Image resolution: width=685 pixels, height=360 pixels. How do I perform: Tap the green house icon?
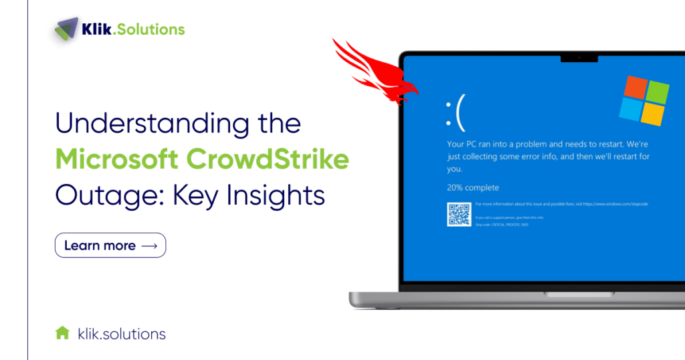pos(62,333)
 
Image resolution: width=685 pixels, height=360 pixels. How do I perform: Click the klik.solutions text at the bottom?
pos(122,333)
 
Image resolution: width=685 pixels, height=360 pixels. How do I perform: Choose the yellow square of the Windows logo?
pos(653,114)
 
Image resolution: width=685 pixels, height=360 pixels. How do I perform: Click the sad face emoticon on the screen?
pos(455,116)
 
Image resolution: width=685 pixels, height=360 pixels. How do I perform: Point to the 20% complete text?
pos(472,187)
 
